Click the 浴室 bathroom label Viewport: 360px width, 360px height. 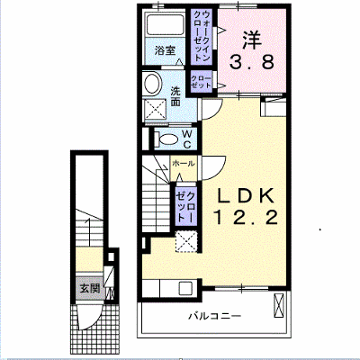(165, 50)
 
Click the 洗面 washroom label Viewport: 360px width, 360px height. (175, 96)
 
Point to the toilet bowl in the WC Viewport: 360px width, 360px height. (167, 139)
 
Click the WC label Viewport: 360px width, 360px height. (186, 139)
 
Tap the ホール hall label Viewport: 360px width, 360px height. (184, 164)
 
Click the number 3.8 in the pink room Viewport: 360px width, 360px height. (252, 63)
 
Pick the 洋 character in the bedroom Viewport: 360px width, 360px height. (252, 40)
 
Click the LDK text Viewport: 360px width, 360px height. (245, 195)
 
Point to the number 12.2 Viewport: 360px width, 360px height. (245, 218)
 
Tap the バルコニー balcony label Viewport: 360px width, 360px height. (215, 316)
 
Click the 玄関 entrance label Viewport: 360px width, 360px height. (90, 288)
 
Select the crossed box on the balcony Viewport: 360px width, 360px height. (278, 305)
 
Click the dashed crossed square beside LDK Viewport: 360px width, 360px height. (186, 242)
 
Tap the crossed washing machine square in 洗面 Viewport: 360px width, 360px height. (156, 110)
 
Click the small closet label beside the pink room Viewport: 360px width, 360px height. (202, 82)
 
